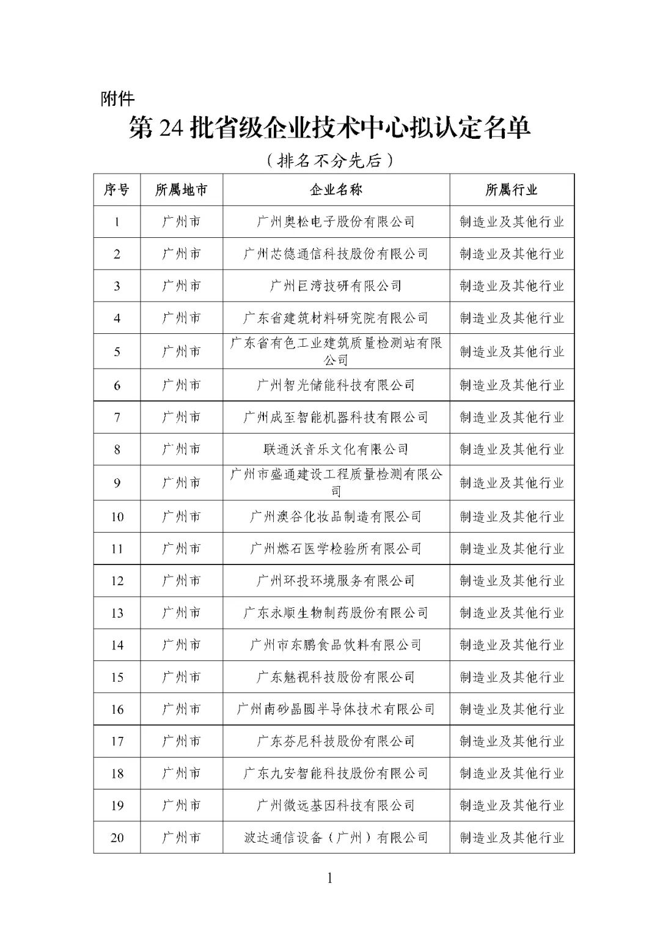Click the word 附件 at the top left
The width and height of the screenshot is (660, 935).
pos(117,98)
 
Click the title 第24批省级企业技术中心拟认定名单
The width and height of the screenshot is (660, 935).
pos(329,129)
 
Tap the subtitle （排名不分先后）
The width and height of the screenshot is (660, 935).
pos(329,161)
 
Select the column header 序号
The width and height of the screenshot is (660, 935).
pos(117,190)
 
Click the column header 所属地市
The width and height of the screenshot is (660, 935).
pos(181,190)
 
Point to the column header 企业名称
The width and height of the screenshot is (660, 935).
pos(336,190)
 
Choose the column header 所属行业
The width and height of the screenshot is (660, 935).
pos(512,190)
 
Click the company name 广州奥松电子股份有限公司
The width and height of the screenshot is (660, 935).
pos(336,221)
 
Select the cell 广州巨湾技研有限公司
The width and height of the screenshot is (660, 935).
pos(336,286)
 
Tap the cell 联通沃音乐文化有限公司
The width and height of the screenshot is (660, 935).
pos(336,449)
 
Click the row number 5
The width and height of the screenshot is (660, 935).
pos(117,352)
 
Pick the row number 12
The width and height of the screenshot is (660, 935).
pos(117,580)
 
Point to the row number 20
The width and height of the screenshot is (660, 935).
pos(117,837)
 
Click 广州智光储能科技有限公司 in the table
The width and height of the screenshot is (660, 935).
pos(336,385)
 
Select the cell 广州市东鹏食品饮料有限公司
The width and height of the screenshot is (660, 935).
pos(336,645)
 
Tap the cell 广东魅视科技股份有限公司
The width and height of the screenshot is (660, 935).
pos(336,677)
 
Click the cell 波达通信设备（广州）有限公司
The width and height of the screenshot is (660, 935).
pos(336,837)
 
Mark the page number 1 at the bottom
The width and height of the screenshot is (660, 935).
pos(330,879)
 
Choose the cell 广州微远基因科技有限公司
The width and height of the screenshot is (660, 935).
pos(336,805)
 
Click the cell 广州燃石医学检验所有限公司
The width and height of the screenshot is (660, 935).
pos(336,549)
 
